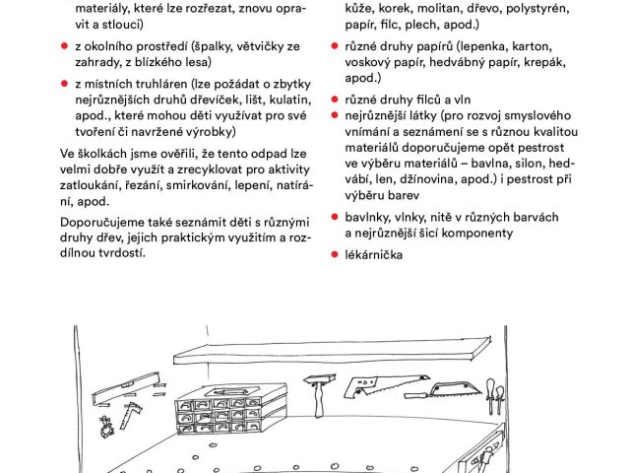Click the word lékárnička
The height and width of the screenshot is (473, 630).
pyautogui.click(x=374, y=256)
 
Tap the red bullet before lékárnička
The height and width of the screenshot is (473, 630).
pyautogui.click(x=336, y=256)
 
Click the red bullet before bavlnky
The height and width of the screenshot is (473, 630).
pyautogui.click(x=336, y=217)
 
